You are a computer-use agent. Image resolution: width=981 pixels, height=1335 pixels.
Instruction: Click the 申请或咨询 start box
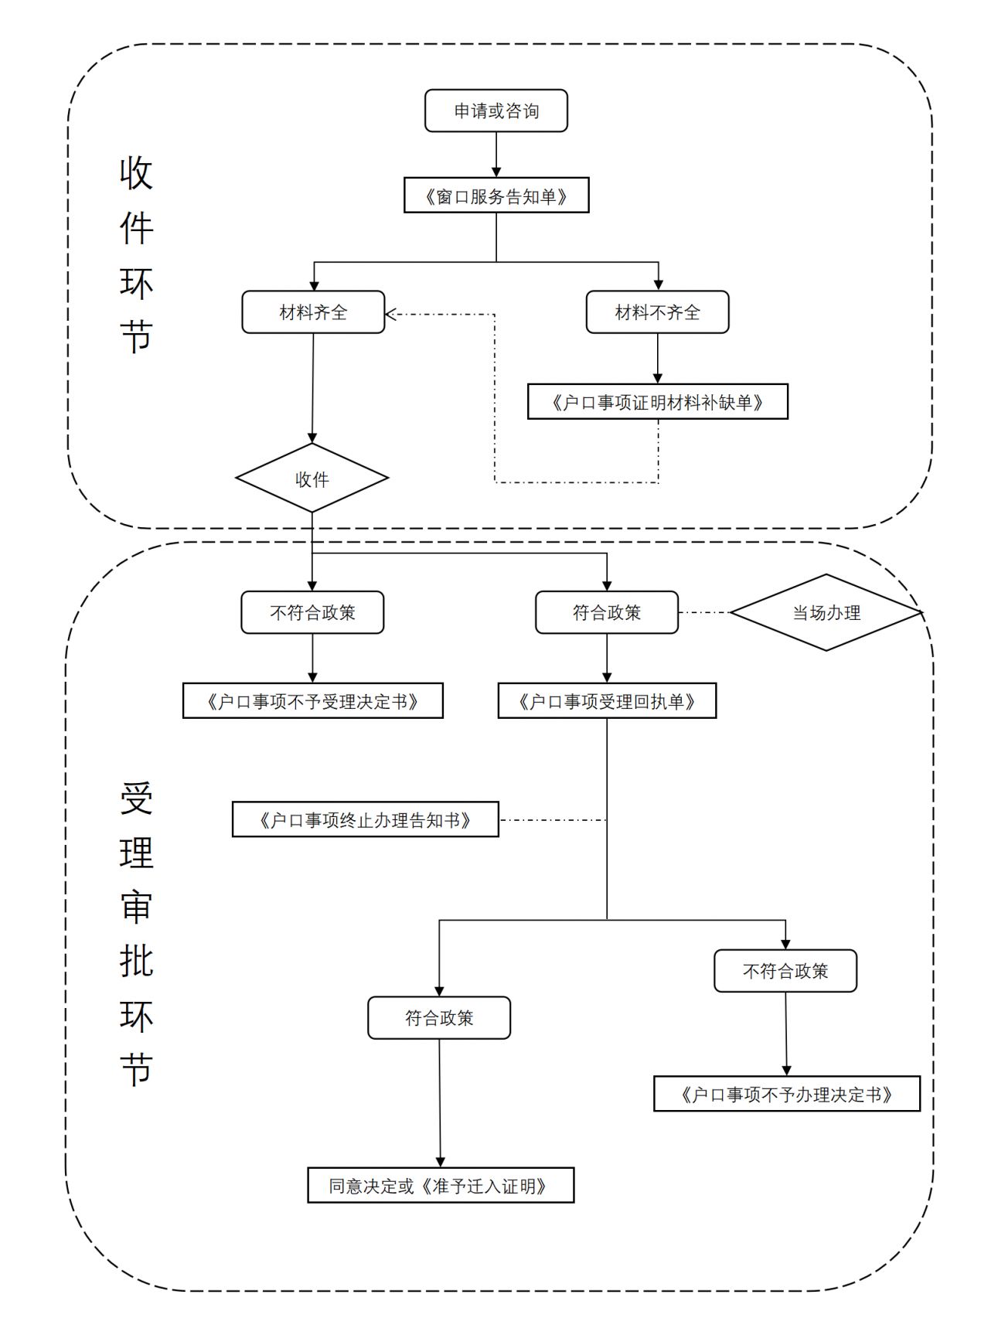[x=496, y=111]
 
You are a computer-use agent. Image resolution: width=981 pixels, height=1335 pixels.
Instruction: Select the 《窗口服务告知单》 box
[x=496, y=196]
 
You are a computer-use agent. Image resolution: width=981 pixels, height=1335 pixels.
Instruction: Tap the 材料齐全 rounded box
[x=313, y=312]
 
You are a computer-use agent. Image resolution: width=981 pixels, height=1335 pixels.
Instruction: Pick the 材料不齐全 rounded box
[x=657, y=312]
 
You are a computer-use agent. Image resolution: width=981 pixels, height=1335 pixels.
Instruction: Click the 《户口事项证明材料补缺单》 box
[x=657, y=402]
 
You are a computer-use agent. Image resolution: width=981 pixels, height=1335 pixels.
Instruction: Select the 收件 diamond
[x=312, y=478]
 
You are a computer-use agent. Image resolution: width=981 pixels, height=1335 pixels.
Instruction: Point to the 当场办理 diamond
[x=826, y=612]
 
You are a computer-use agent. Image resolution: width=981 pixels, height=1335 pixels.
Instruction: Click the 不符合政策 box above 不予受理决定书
[x=312, y=612]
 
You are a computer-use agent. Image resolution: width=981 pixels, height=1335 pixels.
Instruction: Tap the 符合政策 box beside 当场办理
[x=607, y=612]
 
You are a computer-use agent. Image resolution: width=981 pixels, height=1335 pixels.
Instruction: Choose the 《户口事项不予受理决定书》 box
[x=312, y=701]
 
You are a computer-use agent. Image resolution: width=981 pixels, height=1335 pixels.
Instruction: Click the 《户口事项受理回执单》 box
[x=607, y=701]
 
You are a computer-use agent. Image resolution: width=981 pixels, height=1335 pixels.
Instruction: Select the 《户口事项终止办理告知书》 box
[x=365, y=819]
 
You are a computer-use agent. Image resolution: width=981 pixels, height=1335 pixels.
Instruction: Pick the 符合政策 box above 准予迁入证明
[x=439, y=1017]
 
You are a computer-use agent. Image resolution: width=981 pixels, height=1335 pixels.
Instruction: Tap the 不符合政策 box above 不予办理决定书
[x=785, y=971]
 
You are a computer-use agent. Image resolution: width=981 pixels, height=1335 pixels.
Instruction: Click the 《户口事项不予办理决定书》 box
[x=786, y=1094]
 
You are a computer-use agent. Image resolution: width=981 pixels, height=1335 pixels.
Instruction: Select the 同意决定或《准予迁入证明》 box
[x=441, y=1185]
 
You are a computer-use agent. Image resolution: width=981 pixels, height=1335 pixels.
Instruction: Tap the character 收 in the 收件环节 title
[x=137, y=172]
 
